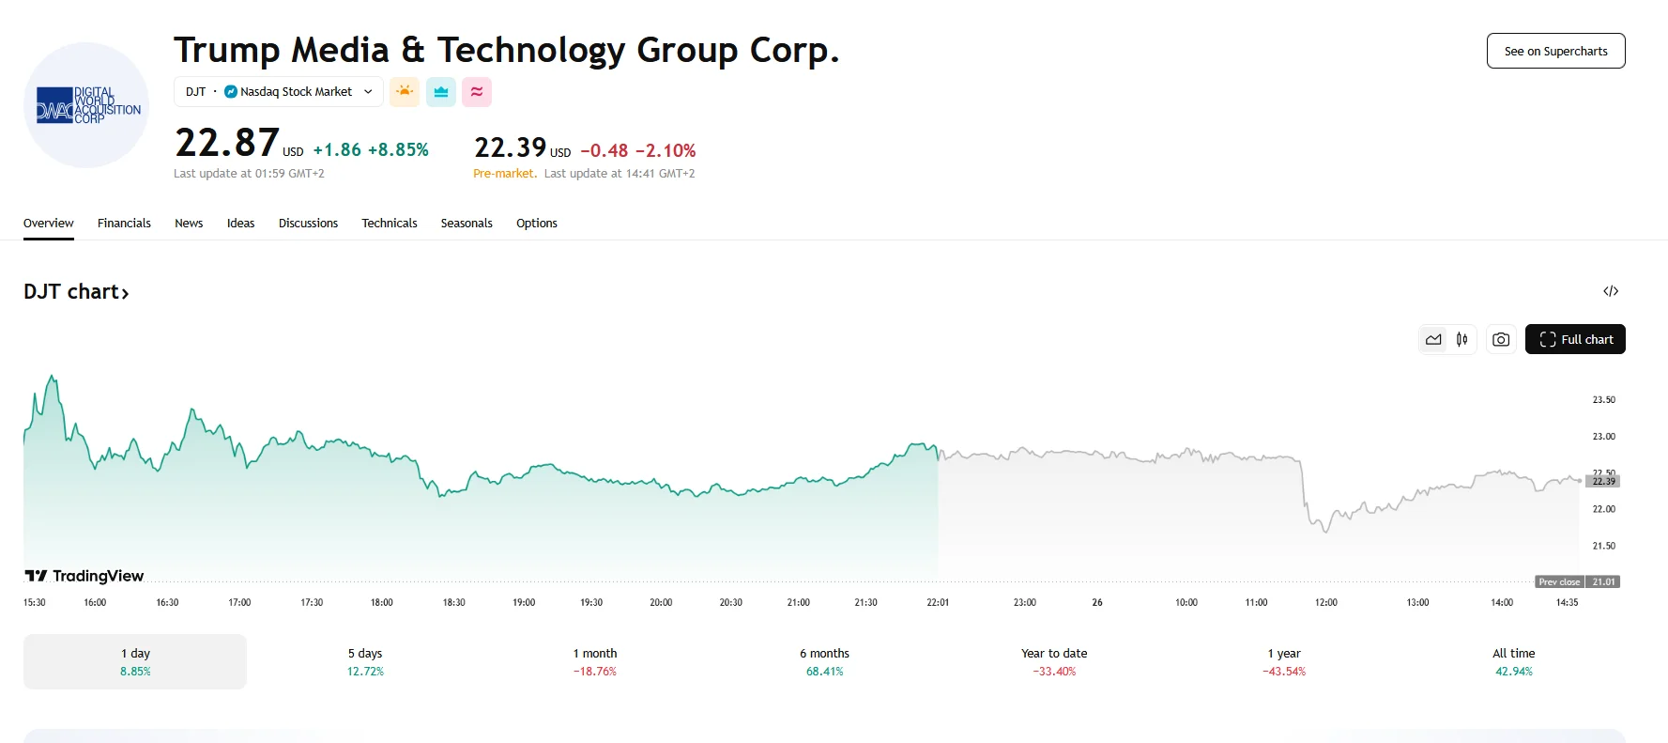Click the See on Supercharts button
pos(1555,51)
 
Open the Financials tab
pos(124,224)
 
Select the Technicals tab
pos(389,224)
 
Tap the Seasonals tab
pos(467,224)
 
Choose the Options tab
pos(536,224)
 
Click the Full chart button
pos(1575,339)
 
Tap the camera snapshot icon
pos(1501,339)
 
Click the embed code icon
pos(1611,291)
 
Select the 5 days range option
pos(365,661)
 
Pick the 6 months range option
pos(824,661)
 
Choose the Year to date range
pos(1054,661)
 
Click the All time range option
pos(1513,661)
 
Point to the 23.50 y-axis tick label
pos(1603,400)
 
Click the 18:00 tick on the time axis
pos(381,602)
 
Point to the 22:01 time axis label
pos(938,602)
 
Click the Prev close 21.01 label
pos(1577,581)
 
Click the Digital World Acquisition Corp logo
pos(86,105)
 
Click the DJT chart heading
pos(76,292)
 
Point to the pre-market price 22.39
pos(510,147)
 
